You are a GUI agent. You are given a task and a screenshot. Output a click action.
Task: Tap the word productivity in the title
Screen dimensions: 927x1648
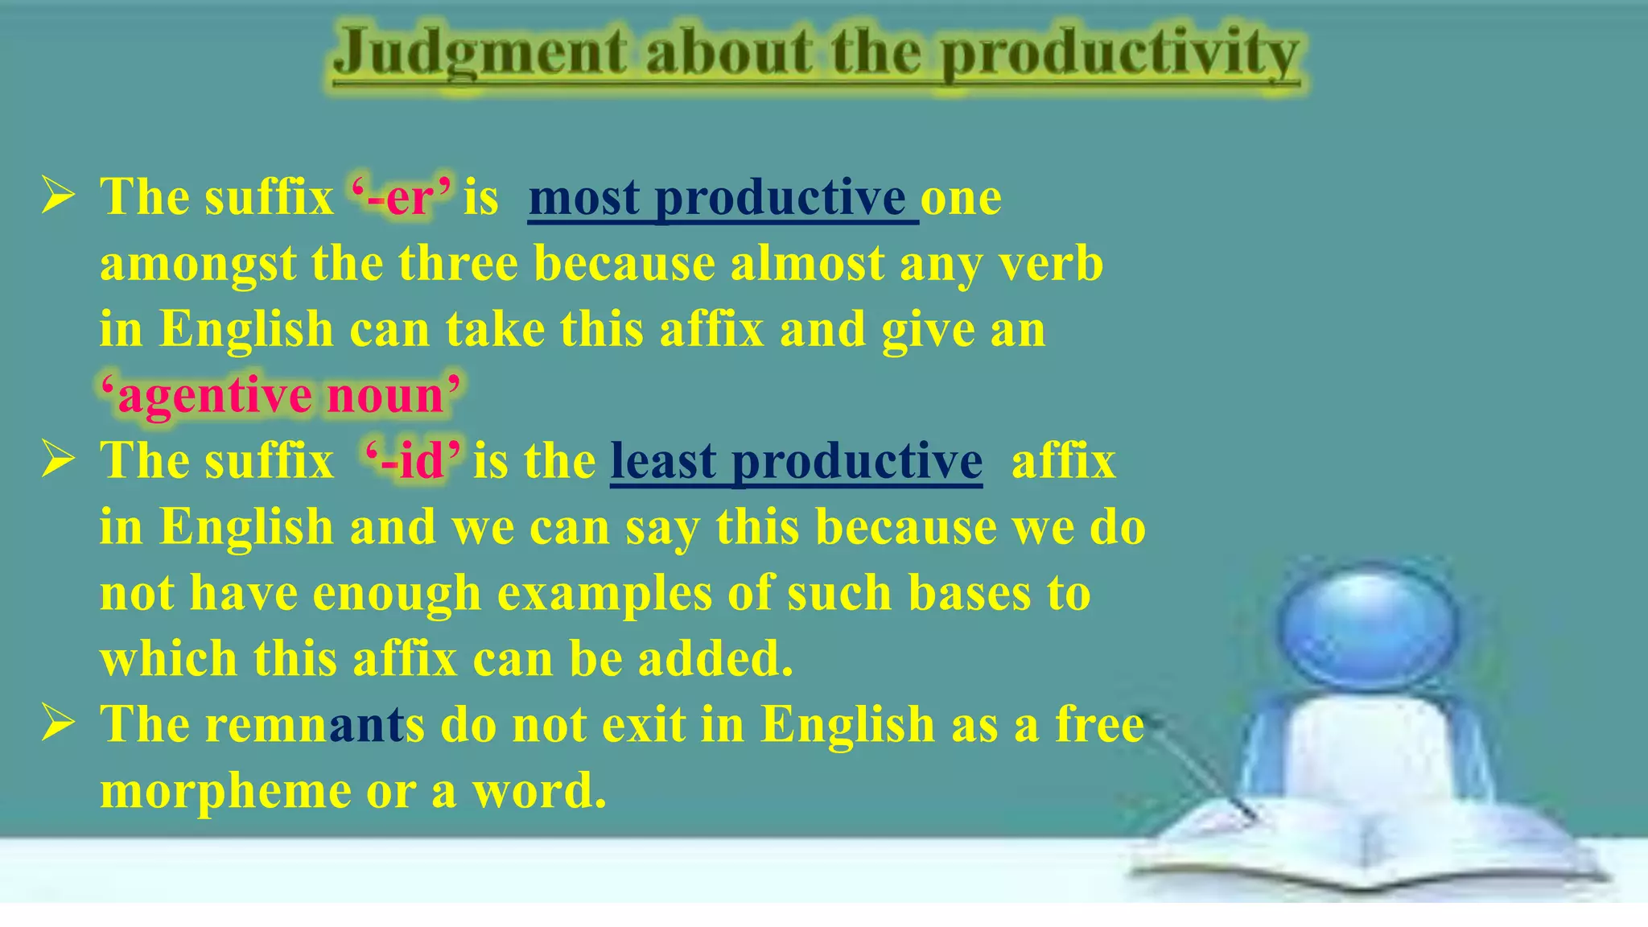pos(1120,55)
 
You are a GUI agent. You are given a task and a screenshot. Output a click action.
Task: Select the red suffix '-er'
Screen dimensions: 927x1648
pos(402,197)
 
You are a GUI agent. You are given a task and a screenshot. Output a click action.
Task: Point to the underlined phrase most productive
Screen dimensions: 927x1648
pos(722,198)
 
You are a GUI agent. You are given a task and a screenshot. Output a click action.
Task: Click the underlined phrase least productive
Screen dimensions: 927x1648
pos(796,462)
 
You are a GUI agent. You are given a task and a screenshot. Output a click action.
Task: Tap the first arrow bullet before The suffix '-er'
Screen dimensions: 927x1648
pos(59,197)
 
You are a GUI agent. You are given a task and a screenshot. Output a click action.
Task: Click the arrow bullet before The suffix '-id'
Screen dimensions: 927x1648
pos(59,460)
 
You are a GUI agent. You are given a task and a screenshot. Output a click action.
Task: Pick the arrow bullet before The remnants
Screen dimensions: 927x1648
pos(59,723)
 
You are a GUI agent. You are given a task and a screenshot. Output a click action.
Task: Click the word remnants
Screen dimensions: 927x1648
pos(314,724)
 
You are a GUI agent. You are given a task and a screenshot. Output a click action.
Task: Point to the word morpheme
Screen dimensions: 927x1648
pos(225,791)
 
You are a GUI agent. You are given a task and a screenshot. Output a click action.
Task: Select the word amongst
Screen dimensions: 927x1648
pos(197,264)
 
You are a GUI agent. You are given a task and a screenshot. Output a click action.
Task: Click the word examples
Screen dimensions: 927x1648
pos(604,593)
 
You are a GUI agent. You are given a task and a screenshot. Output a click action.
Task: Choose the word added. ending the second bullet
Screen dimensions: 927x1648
pos(715,659)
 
